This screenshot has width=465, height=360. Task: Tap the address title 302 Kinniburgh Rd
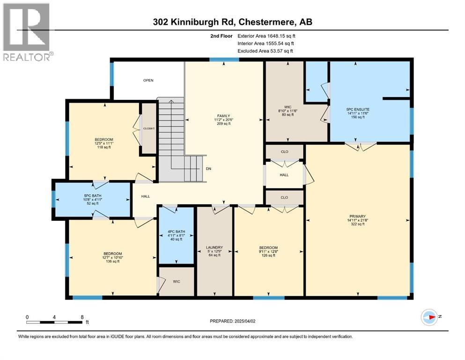(232, 22)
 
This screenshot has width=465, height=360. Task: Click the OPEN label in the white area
(148, 80)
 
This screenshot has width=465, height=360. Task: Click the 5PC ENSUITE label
(356, 112)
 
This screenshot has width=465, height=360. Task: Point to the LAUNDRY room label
(214, 251)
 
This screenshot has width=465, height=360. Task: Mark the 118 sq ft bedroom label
(104, 143)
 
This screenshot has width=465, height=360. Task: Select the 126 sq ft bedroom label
(269, 252)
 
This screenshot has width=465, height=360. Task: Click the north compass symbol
(430, 317)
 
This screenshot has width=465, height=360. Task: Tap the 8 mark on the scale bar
(82, 316)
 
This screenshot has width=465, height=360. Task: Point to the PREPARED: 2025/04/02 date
(233, 321)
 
